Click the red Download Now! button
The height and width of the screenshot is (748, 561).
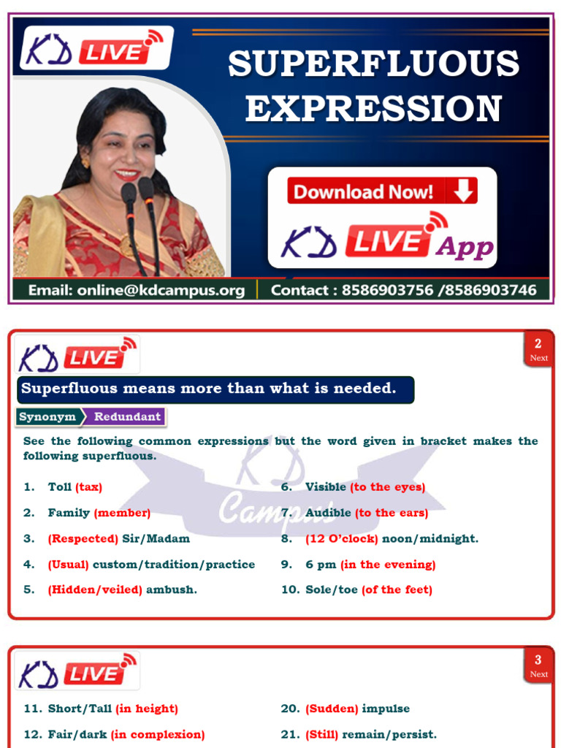[381, 191]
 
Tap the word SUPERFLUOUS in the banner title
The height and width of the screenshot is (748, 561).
[373, 64]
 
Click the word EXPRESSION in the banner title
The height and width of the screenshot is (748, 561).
[373, 108]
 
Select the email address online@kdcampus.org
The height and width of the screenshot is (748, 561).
[136, 290]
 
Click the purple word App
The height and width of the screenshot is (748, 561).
[465, 247]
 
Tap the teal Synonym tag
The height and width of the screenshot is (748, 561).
[47, 417]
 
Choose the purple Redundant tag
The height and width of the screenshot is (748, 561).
[127, 417]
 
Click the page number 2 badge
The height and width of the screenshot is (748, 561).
[538, 348]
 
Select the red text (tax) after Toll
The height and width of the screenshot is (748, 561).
[88, 487]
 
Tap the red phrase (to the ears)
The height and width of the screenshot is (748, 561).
[392, 513]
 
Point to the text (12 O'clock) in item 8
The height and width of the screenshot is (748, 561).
[342, 538]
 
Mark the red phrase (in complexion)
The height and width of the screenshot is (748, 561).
[158, 734]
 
